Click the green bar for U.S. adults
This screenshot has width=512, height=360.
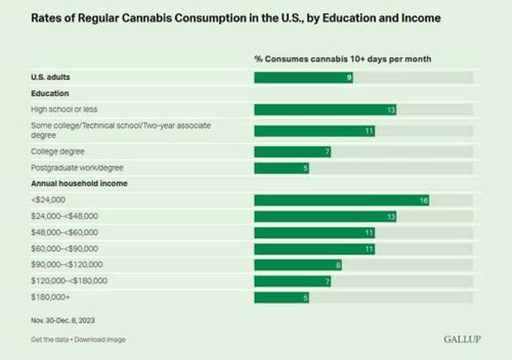click(303, 78)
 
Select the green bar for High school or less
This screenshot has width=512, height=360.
click(325, 110)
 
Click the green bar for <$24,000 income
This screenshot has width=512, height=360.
click(341, 200)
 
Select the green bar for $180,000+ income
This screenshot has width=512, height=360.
click(281, 296)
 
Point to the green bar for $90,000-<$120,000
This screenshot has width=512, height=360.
click(297, 264)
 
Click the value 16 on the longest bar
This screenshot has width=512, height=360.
click(423, 200)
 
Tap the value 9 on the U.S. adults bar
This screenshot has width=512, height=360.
click(349, 78)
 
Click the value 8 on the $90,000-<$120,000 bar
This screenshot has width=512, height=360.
click(338, 264)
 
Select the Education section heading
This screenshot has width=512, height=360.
click(49, 93)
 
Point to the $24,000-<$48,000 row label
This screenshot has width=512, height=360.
click(64, 216)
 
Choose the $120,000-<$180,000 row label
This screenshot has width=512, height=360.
click(68, 281)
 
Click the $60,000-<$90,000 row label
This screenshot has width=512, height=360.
click(64, 248)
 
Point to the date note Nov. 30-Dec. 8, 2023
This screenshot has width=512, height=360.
click(66, 317)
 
